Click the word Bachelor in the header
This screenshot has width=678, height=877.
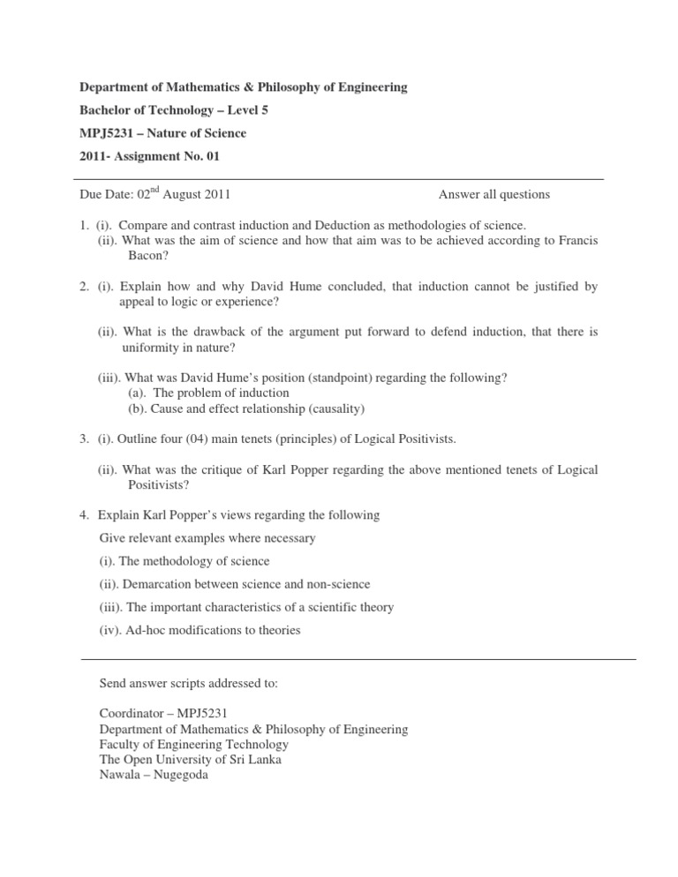(x=105, y=110)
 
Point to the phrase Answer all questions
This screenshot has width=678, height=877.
(x=493, y=195)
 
